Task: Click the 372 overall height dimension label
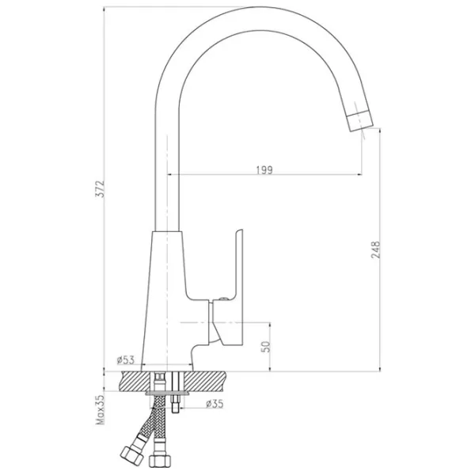point(100,189)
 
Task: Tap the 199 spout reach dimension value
point(264,170)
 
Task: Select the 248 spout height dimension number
point(375,249)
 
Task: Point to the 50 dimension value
point(265,346)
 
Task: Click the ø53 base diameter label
point(125,360)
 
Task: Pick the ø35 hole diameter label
point(215,404)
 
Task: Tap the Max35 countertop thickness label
point(100,409)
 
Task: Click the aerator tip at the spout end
point(360,120)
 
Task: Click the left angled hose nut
point(131,455)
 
